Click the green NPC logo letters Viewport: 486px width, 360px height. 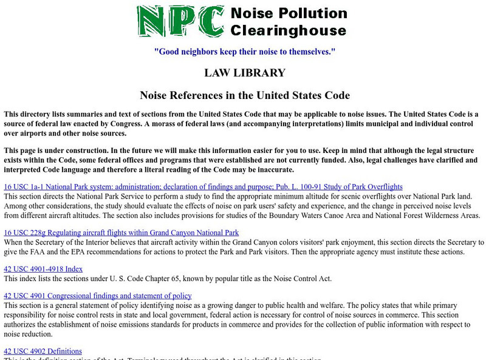179,22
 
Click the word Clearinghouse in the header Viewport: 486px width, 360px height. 288,30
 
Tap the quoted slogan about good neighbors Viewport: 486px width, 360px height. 244,52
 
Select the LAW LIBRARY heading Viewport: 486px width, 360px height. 244,73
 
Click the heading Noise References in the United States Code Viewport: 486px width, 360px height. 244,95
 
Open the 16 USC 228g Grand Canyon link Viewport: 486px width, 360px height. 121,233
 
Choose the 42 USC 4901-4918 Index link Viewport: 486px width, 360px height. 43,268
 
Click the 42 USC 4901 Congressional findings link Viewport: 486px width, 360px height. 97,296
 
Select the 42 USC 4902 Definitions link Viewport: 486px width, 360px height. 43,351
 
